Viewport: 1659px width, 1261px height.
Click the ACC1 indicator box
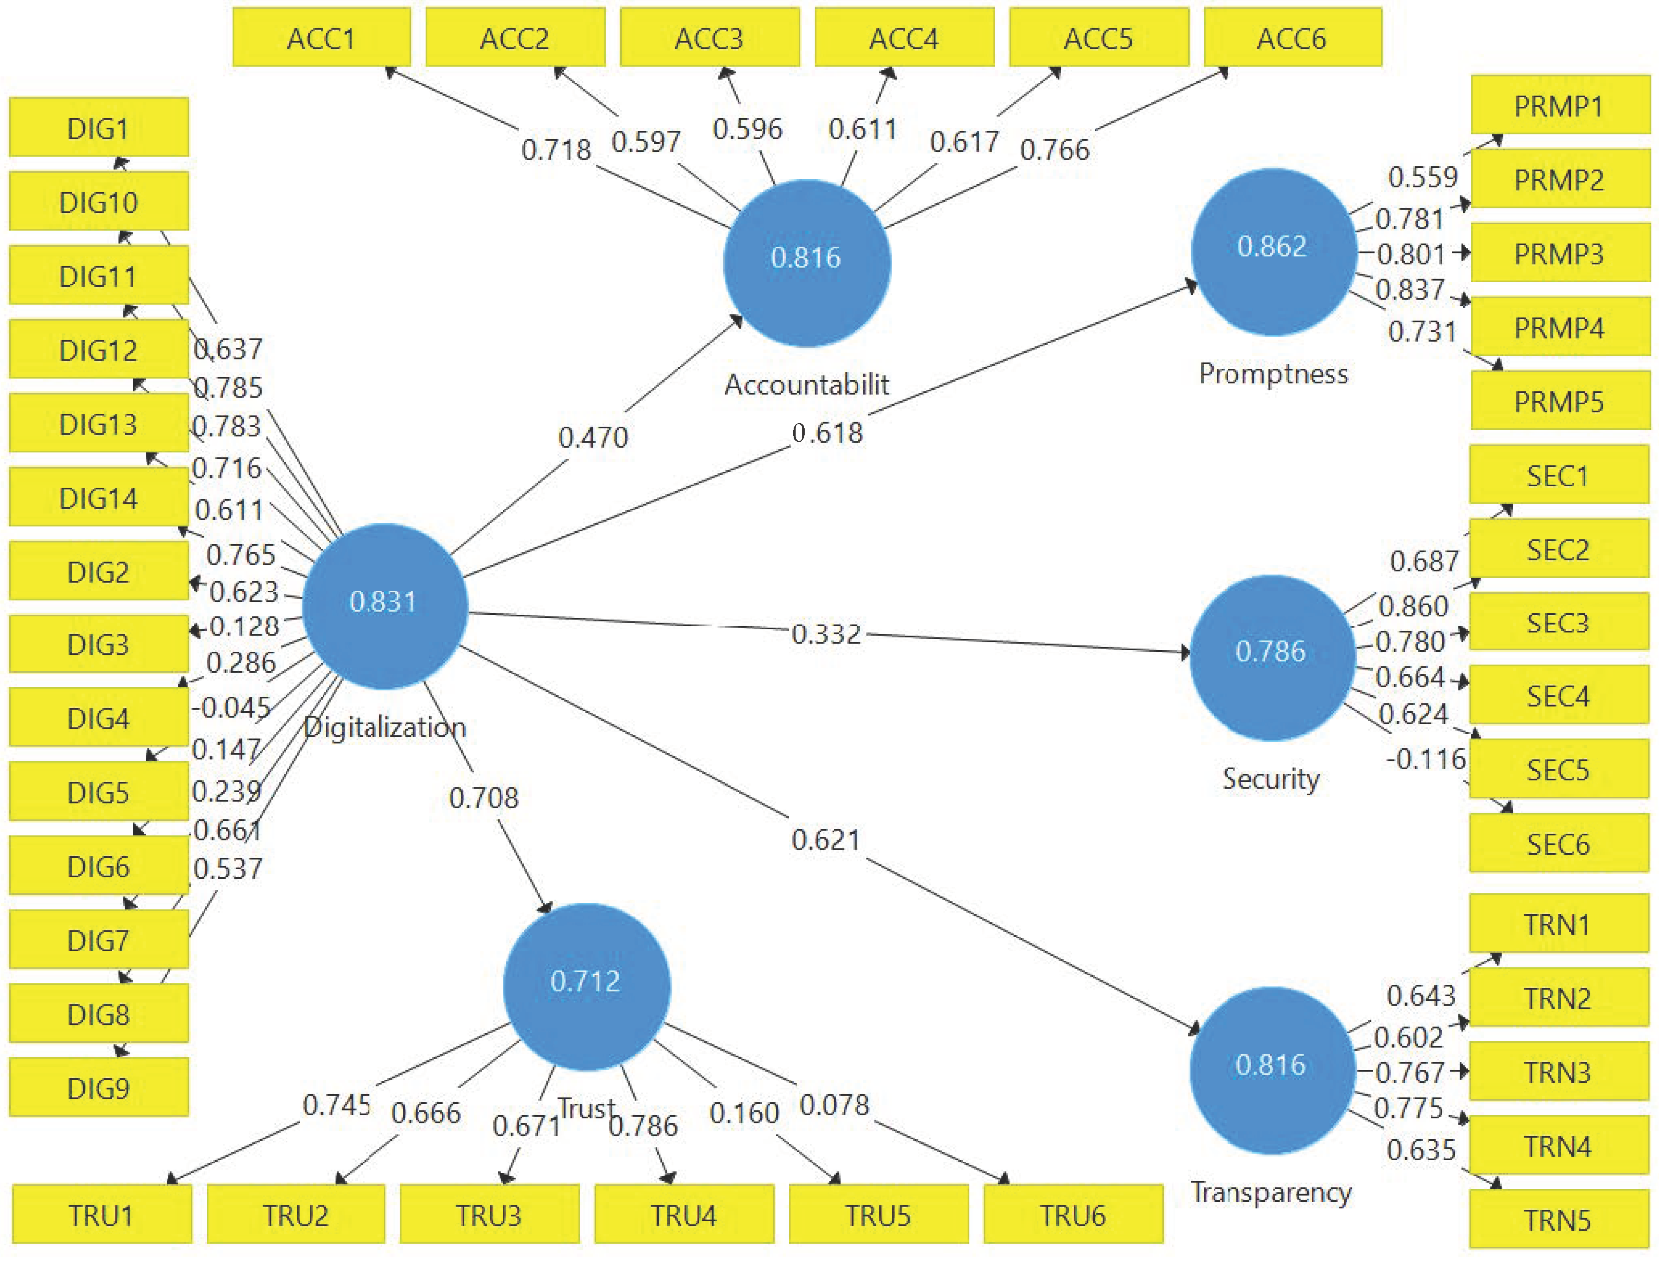point(321,37)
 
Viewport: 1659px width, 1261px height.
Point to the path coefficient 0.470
point(593,437)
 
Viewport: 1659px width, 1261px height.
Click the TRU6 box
point(1073,1215)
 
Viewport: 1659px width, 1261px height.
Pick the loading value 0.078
point(834,1105)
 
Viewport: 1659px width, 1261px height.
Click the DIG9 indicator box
point(99,1088)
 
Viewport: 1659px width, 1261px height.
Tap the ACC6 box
point(1292,37)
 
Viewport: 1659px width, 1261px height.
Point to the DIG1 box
point(99,128)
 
